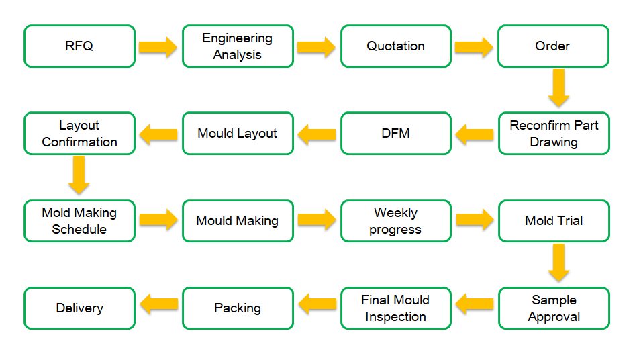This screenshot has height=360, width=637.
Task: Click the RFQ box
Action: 80,46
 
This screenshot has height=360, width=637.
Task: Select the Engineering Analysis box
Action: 238,46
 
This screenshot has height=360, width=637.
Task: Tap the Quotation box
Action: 396,46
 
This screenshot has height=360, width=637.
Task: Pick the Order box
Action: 553,46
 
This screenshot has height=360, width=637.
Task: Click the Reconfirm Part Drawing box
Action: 554,133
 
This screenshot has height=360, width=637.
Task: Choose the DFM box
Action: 396,133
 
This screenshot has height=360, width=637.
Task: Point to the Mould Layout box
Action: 238,133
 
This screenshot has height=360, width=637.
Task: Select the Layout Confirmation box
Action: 80,133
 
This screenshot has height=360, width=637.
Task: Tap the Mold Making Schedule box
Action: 80,221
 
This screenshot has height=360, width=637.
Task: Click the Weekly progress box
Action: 396,221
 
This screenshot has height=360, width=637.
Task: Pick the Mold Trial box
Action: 554,221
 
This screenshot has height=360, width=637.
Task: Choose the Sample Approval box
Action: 554,308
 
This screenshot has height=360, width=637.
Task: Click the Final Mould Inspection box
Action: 396,308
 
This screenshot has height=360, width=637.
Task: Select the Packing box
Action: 238,308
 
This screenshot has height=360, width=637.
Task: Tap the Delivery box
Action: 80,308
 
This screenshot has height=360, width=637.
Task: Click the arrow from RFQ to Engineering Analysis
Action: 158,47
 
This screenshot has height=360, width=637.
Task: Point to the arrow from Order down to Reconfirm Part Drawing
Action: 558,88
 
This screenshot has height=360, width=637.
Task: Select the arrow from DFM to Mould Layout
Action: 317,134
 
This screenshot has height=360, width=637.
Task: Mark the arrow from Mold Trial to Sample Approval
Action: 558,263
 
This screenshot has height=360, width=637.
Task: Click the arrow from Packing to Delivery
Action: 159,304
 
